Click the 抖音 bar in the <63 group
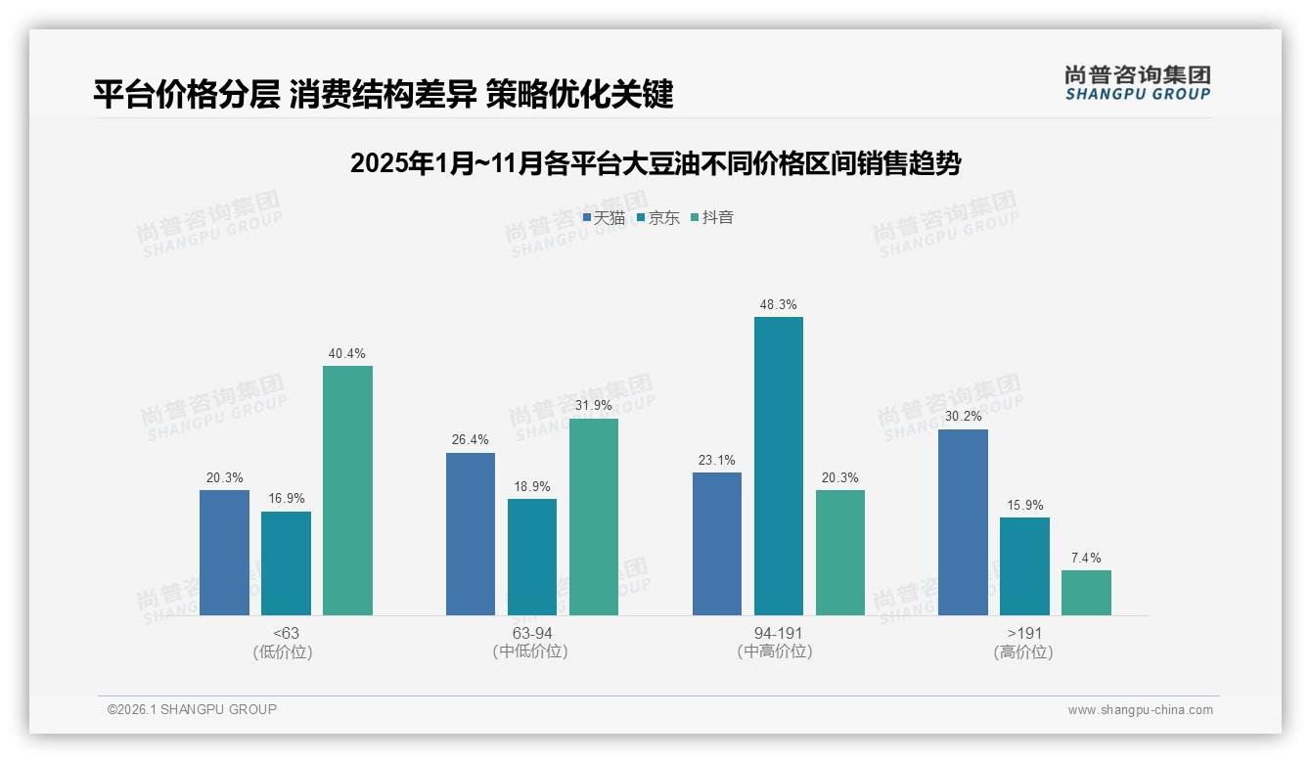[347, 490]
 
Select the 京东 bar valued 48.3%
[778, 466]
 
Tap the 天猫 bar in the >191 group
[963, 521]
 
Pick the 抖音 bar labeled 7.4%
[1086, 593]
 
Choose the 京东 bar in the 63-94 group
[531, 557]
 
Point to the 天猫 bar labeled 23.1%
[716, 544]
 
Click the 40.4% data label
[347, 354]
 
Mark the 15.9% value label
[1024, 506]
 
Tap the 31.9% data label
[594, 406]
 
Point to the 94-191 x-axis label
[778, 634]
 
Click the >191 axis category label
[1024, 634]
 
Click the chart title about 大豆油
[655, 163]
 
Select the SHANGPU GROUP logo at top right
[1137, 83]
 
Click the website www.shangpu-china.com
[1140, 710]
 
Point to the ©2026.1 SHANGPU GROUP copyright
[192, 709]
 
